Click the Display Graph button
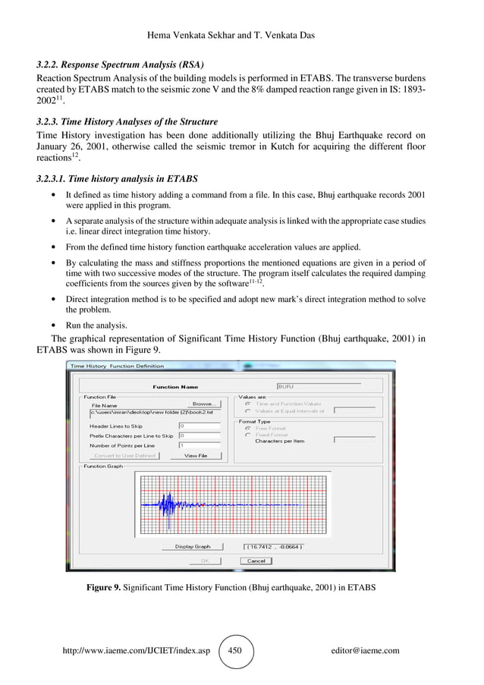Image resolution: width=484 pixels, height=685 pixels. point(193,546)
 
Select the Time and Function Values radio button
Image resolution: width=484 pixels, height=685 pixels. point(247,404)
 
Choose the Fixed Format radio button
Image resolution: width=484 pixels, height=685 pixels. point(247,434)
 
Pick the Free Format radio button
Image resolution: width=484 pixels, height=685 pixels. point(247,428)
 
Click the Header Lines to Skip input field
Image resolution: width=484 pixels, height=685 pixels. point(200,426)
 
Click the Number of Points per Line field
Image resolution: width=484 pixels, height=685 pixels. point(200,445)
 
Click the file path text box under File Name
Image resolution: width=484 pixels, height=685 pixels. point(155,413)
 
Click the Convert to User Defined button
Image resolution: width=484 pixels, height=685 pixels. point(124,456)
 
